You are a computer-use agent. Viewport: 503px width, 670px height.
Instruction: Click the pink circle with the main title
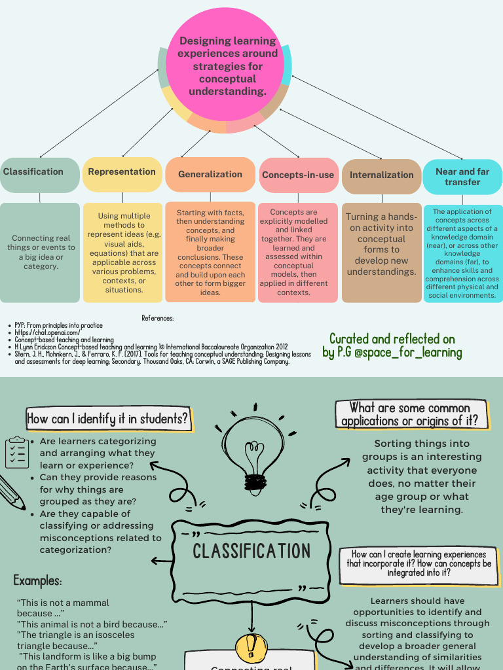click(228, 65)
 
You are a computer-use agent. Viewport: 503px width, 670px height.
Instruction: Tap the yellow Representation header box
click(122, 174)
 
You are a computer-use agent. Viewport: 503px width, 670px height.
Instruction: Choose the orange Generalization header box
click(210, 175)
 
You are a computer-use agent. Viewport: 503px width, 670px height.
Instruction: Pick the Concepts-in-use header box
click(298, 175)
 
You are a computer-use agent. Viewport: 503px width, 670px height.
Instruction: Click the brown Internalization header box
click(382, 175)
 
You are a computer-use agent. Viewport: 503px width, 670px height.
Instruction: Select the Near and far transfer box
click(462, 177)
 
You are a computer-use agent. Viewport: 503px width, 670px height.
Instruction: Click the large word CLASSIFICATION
click(251, 551)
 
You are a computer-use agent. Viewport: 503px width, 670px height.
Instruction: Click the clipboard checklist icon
click(16, 452)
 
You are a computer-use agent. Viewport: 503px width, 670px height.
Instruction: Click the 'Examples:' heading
click(37, 580)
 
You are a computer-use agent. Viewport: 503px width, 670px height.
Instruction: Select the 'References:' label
click(157, 318)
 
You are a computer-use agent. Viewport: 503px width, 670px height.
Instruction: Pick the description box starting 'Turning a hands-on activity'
click(382, 252)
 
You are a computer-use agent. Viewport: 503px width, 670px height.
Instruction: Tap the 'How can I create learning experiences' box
click(419, 563)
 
